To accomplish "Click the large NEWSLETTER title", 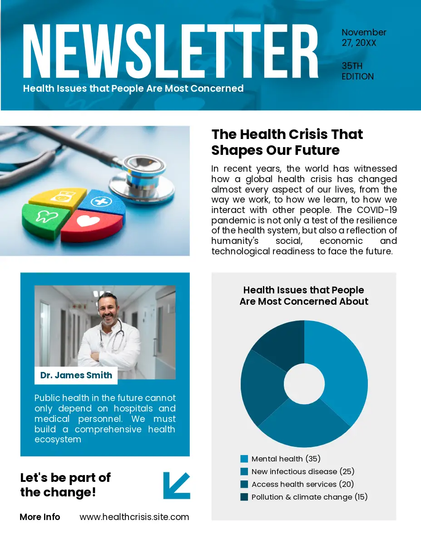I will pyautogui.click(x=170, y=51).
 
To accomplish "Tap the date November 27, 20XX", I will pyautogui.click(x=363, y=38).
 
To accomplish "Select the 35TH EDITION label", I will pyautogui.click(x=357, y=71).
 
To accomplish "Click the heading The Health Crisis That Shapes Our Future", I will pyautogui.click(x=287, y=142).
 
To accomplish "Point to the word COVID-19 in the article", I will pyautogui.click(x=377, y=210).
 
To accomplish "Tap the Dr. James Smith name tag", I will pyautogui.click(x=76, y=376).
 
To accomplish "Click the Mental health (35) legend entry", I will pyautogui.click(x=286, y=459).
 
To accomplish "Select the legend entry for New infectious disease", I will pyautogui.click(x=302, y=472).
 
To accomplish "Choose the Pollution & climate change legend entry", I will pyautogui.click(x=309, y=497).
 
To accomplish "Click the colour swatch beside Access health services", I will pyautogui.click(x=244, y=485).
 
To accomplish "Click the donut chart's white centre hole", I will pyautogui.click(x=304, y=384).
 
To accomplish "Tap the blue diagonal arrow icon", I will pyautogui.click(x=176, y=486).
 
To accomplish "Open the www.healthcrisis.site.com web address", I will pyautogui.click(x=134, y=517).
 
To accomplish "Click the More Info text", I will pyautogui.click(x=40, y=517).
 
